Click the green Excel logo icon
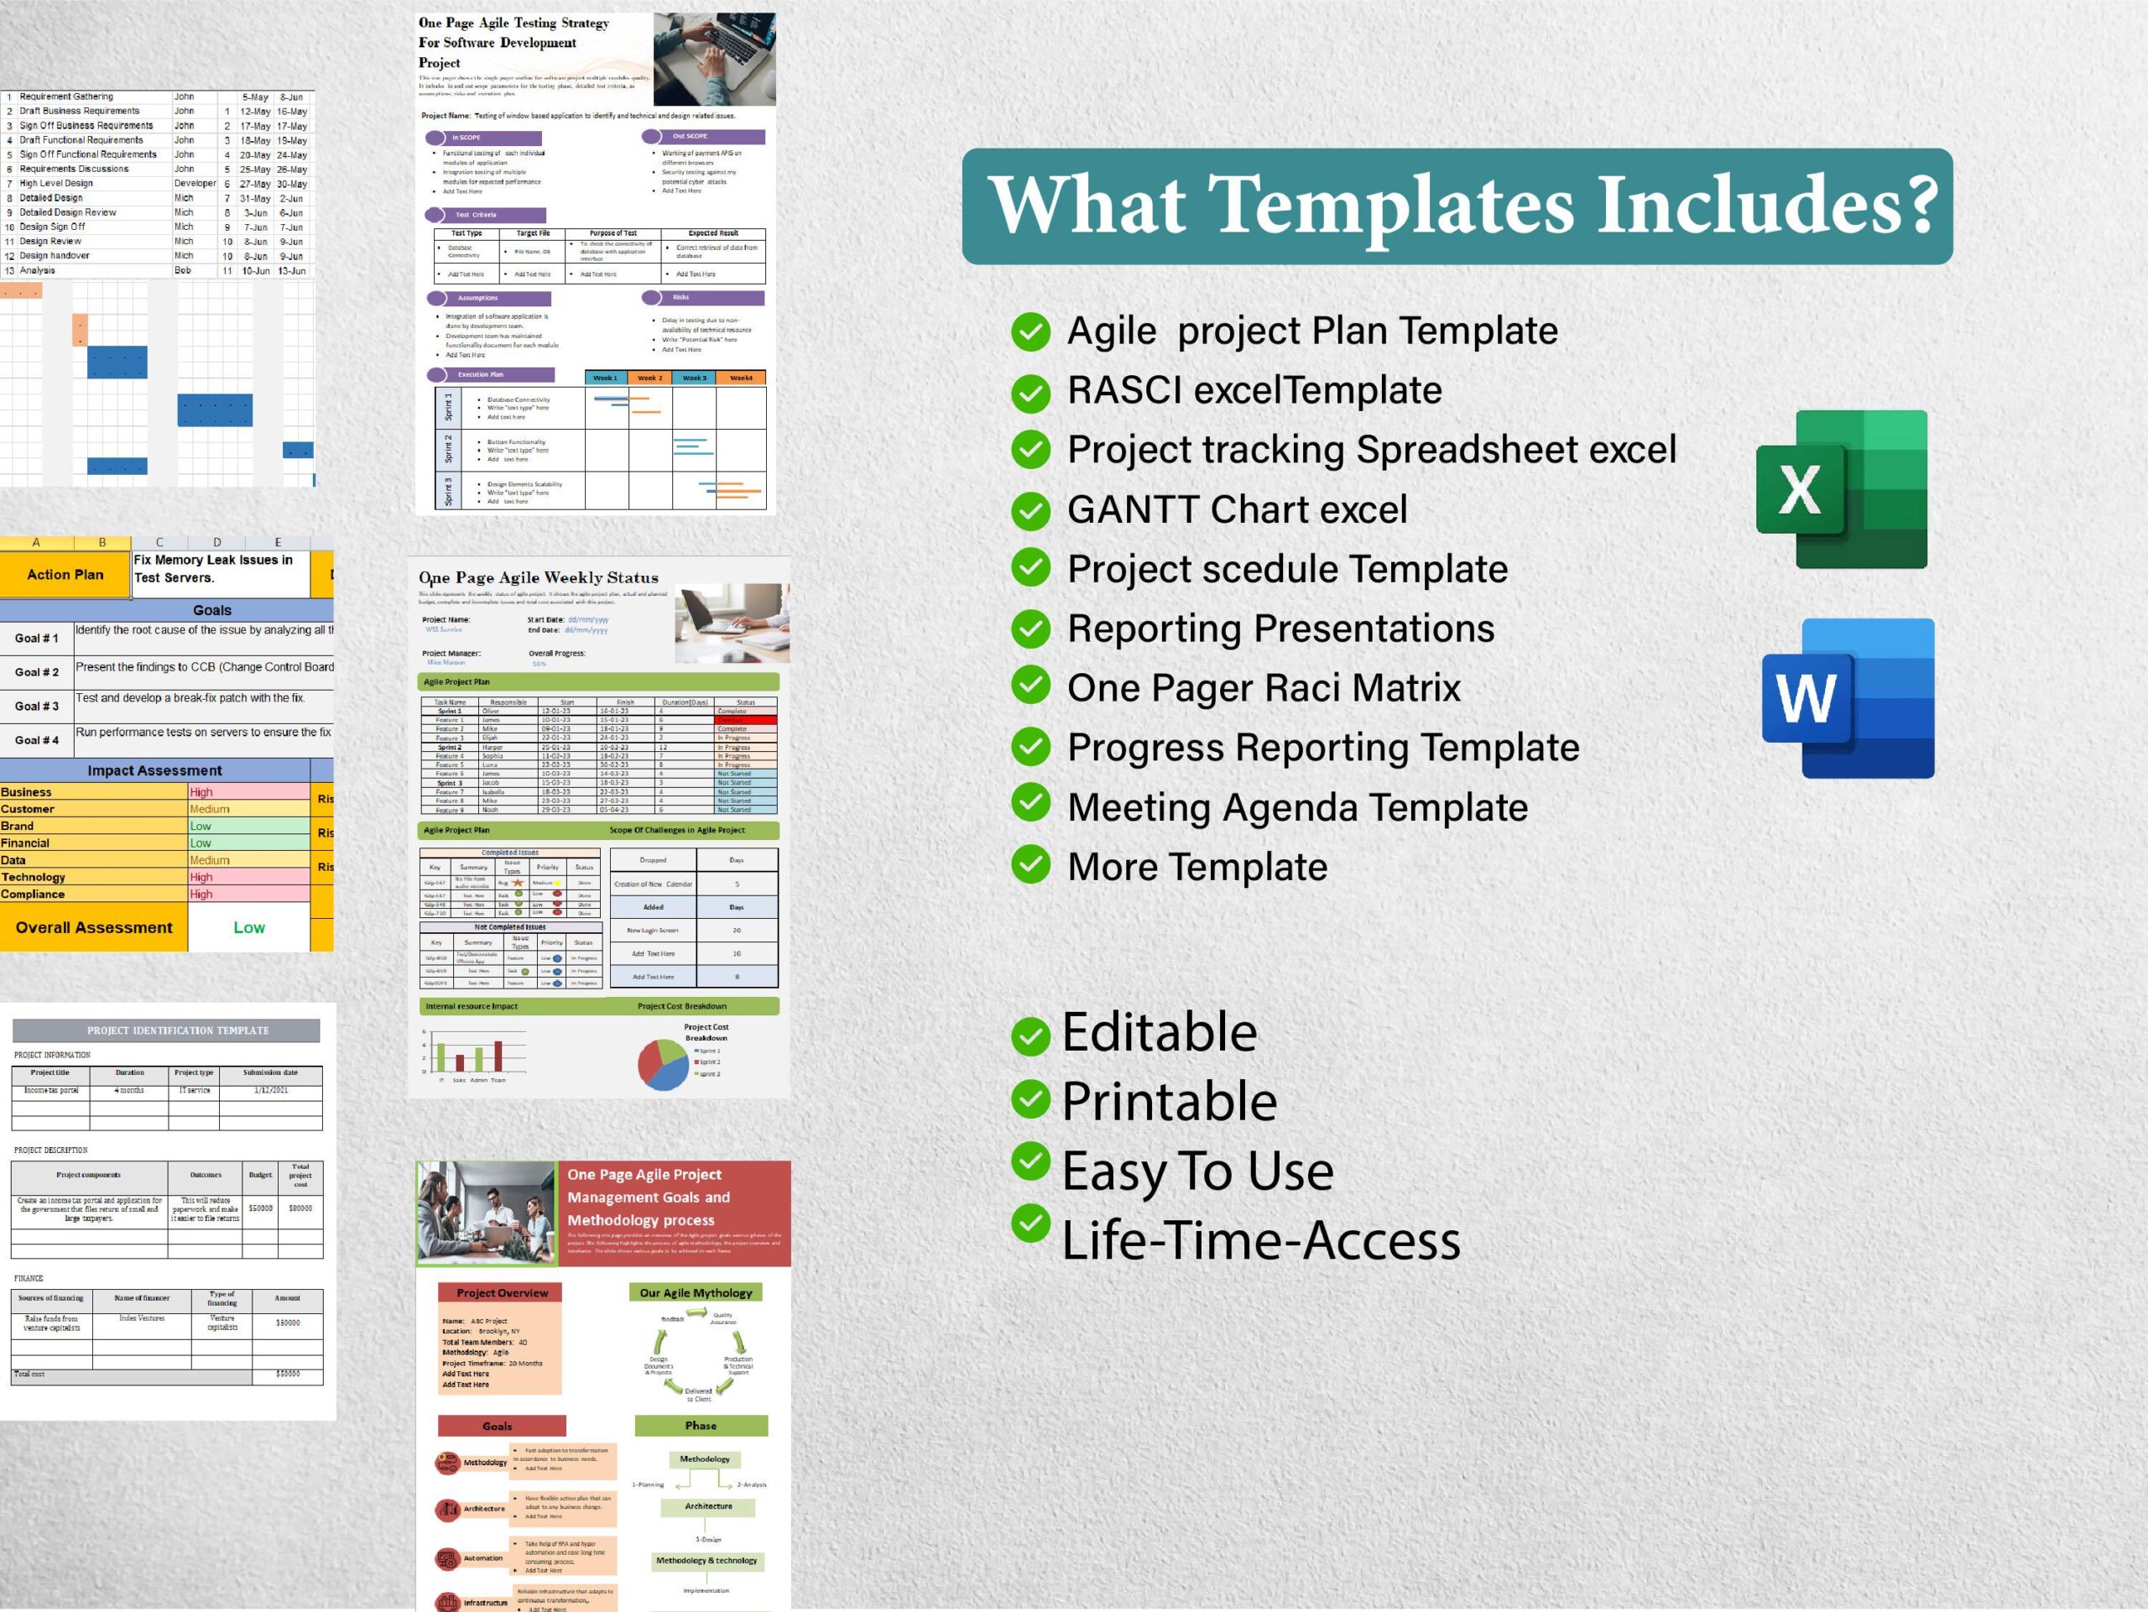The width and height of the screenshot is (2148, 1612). tap(1841, 488)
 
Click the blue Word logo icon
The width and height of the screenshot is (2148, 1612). tap(1848, 697)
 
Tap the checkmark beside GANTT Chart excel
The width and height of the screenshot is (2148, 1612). tap(1030, 511)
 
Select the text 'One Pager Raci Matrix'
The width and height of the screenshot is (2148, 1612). tap(1264, 687)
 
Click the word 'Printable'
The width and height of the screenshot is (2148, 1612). tap(1169, 1101)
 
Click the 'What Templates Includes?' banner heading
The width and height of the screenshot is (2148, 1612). tap(1457, 206)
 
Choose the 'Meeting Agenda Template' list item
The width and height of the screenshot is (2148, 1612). tap(1297, 807)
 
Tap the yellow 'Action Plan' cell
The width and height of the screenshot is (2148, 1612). tap(65, 574)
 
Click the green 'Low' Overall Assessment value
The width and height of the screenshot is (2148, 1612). tap(248, 927)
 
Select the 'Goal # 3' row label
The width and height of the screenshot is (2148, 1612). tap(37, 706)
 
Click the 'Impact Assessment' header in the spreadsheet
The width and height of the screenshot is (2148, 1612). tap(154, 770)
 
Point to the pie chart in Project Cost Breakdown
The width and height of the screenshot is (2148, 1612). tap(663, 1064)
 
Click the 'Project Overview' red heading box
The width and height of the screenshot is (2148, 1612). tap(502, 1292)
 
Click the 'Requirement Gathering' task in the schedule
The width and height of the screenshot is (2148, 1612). tap(66, 97)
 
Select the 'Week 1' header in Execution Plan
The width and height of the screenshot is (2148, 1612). tap(605, 378)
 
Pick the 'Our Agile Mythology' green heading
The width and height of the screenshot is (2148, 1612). tap(696, 1292)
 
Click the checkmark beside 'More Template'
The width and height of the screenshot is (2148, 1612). tap(1030, 864)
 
